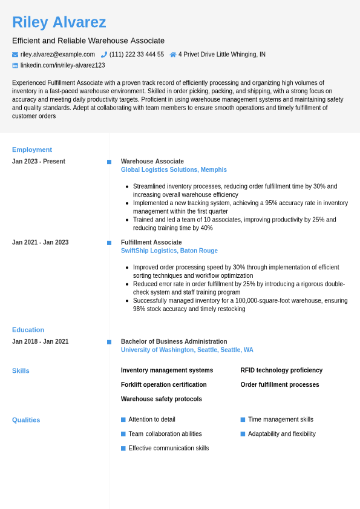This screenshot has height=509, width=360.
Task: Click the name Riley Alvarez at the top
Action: pos(59,22)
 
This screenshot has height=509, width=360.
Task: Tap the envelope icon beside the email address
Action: pos(15,54)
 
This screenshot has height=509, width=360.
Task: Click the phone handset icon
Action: pos(104,54)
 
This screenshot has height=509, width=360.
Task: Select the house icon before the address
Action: pos(173,54)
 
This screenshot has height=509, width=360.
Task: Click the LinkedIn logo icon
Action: pos(15,65)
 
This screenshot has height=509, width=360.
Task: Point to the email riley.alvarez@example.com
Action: pos(57,54)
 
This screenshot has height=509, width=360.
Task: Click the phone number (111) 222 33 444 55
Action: pos(136,54)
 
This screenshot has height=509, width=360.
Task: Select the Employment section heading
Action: pos(32,149)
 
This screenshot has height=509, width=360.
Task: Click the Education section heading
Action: pos(28,330)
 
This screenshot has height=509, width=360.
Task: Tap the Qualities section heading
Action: pos(26,420)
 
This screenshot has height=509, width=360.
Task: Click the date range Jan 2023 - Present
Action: pos(39,162)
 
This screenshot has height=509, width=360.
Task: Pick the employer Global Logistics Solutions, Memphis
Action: pos(174,170)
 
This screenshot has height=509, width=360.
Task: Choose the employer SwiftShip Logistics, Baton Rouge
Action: pos(169,251)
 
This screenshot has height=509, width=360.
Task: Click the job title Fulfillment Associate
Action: pos(151,242)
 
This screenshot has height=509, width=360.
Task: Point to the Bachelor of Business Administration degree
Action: pos(174,341)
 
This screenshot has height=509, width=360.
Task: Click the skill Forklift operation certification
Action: pos(163,385)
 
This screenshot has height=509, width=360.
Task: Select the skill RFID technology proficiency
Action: pos(281,370)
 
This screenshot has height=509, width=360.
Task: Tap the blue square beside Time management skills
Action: pos(243,419)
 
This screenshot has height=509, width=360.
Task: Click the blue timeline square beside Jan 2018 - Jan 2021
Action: pos(109,342)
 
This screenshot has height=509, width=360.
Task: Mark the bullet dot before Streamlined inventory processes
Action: pos(126,186)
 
